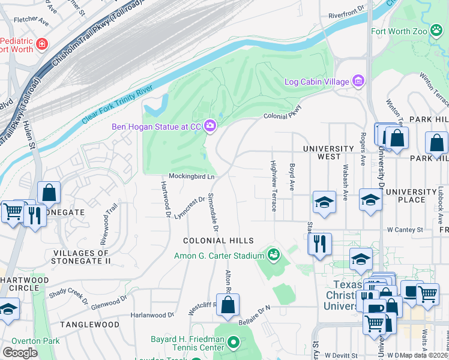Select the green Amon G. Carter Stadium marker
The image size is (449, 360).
click(274, 256)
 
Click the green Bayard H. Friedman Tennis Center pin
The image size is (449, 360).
click(234, 343)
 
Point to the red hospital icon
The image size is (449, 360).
click(41, 44)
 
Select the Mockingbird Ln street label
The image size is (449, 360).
click(191, 176)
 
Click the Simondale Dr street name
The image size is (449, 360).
click(213, 213)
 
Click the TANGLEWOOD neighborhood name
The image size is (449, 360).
click(89, 325)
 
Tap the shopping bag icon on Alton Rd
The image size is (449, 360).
click(228, 305)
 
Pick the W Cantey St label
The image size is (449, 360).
click(405, 229)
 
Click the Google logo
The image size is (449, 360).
click(20, 352)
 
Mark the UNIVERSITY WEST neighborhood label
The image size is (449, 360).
click(328, 152)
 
